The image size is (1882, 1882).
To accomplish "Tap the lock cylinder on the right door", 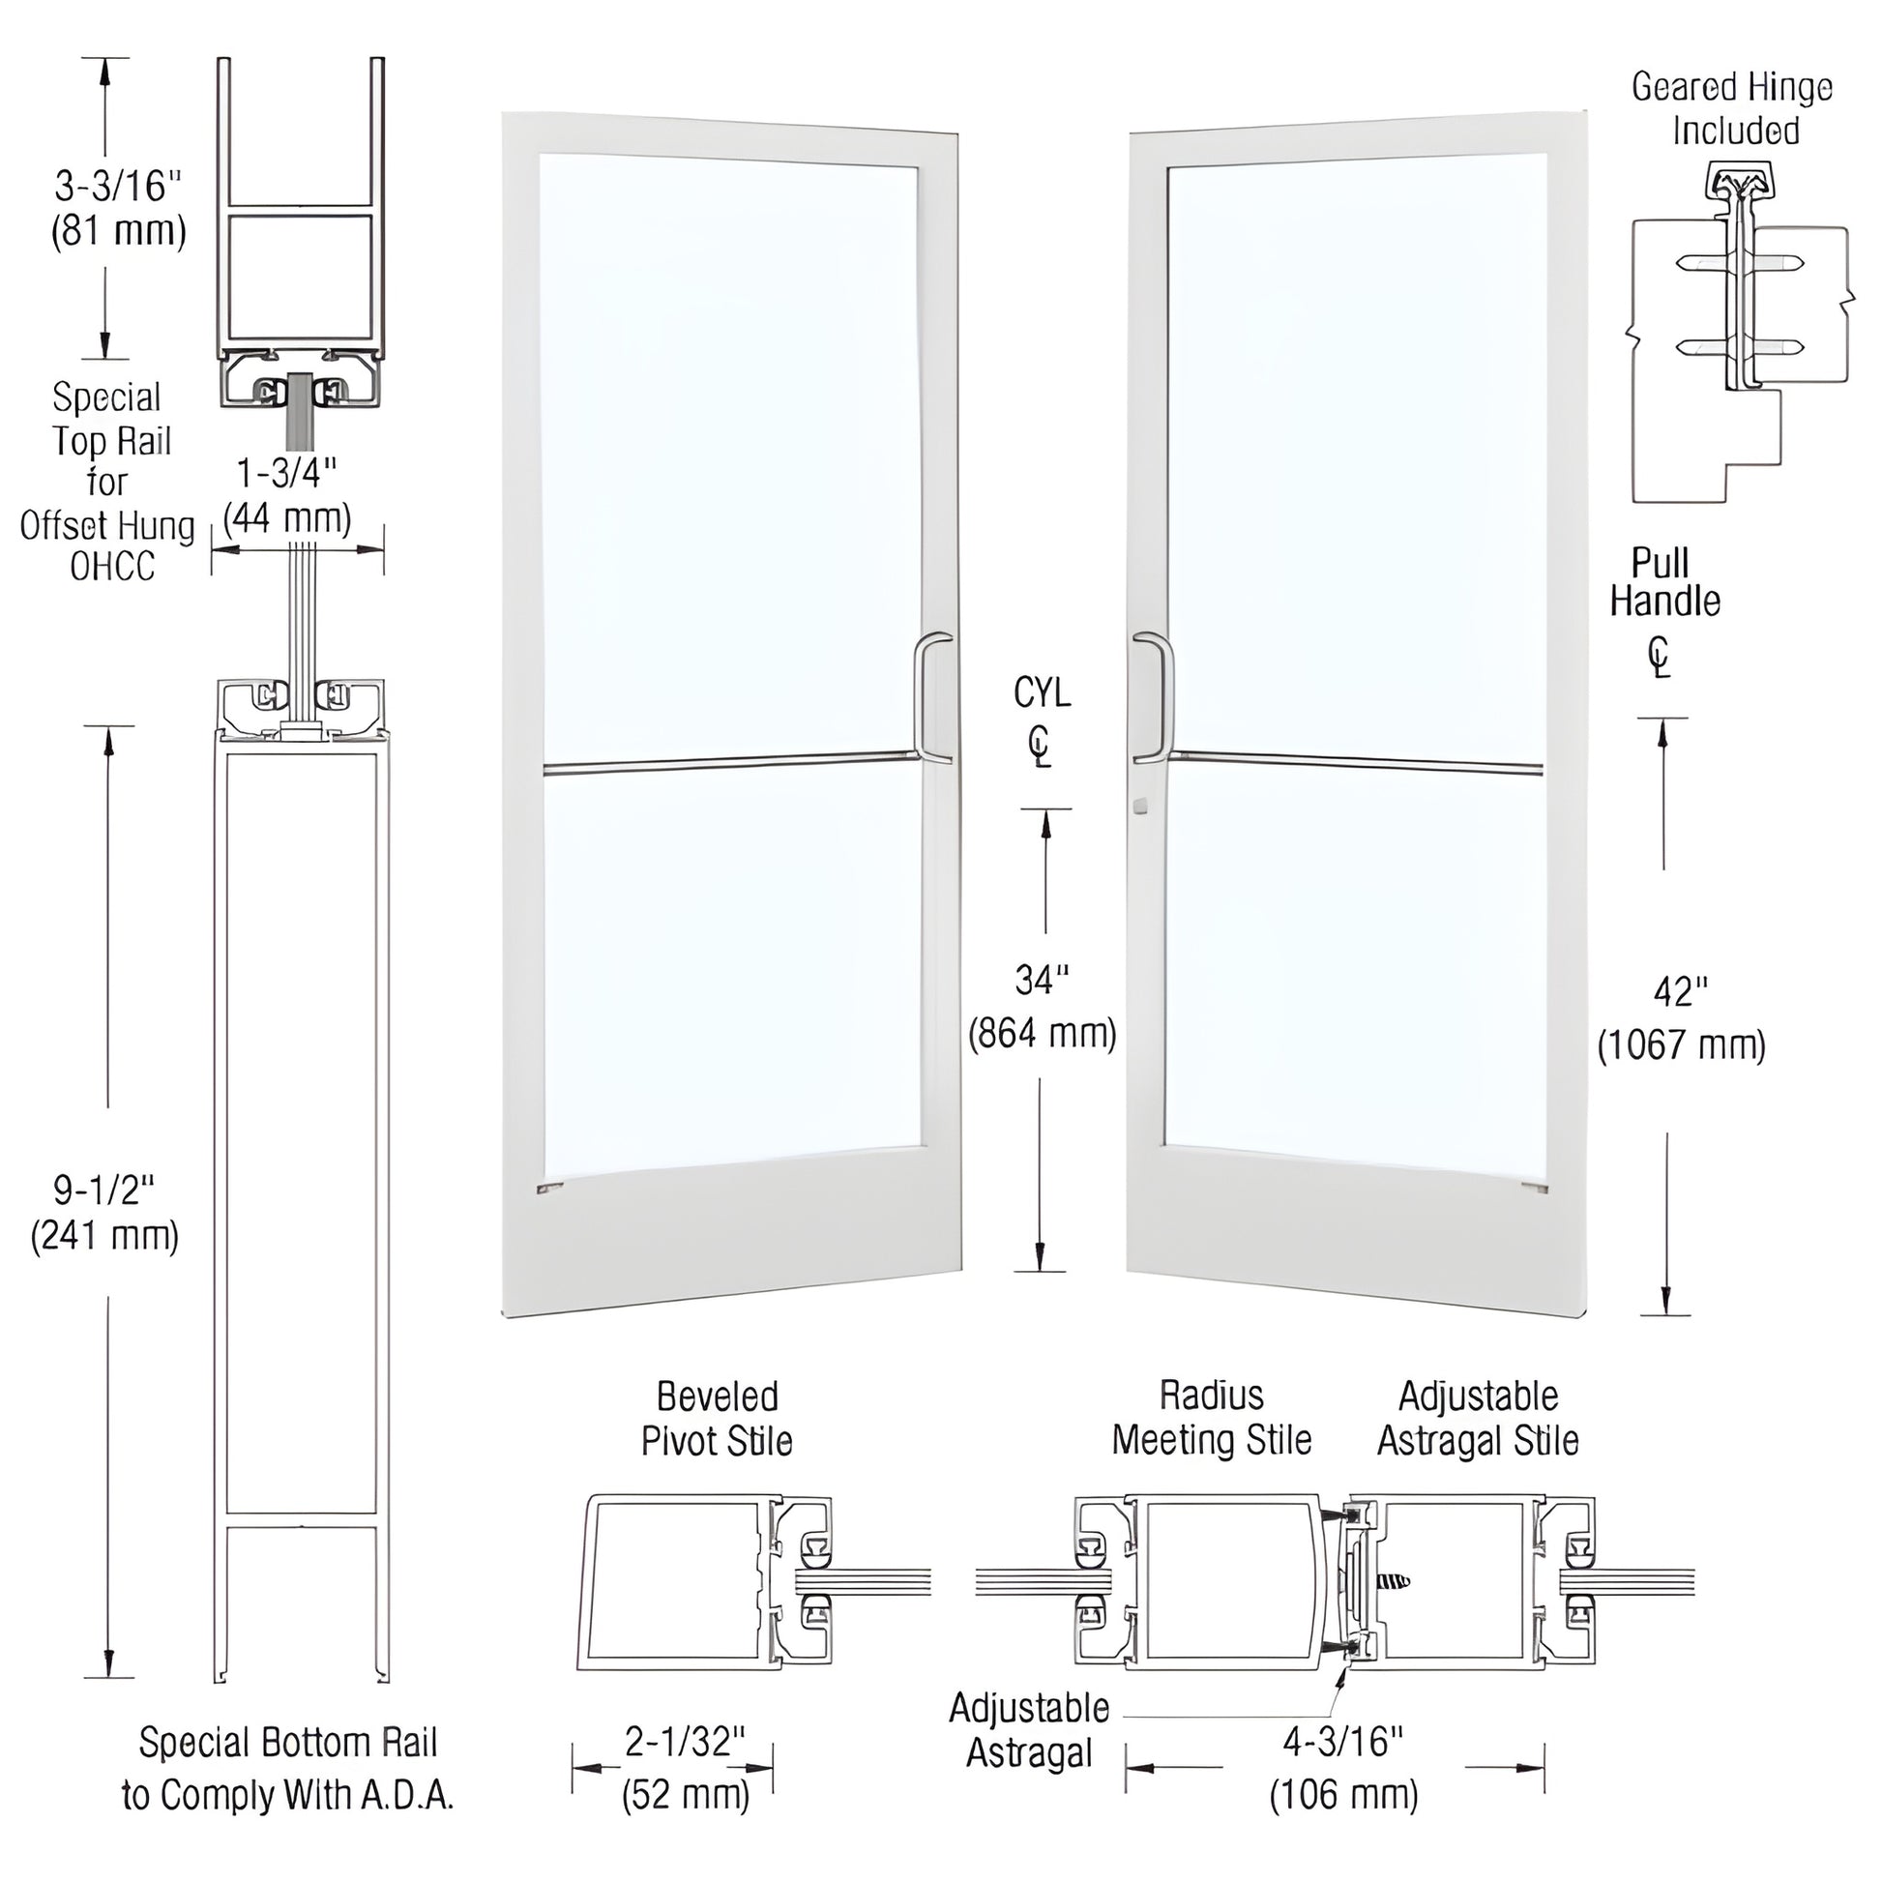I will [1140, 807].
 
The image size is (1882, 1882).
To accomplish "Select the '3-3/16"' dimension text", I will [118, 185].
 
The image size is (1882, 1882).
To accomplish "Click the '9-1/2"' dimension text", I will [104, 1190].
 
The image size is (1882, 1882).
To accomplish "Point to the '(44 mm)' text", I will [286, 517].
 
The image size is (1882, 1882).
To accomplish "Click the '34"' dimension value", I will [1042, 980].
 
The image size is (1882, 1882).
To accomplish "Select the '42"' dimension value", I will [1681, 992].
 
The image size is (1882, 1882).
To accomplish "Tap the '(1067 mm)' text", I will [1681, 1045].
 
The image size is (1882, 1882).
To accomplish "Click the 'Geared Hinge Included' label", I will [1733, 108].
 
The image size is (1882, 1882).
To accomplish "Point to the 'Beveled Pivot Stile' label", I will [717, 1419].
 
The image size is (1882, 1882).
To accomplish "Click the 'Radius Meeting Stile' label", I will [1211, 1418].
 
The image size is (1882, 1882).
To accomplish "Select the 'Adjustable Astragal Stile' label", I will [1478, 1418].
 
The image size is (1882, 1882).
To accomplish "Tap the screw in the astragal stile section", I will [1393, 1582].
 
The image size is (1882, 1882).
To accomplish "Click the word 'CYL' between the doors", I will [1042, 692].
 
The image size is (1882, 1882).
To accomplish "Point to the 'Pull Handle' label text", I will [1663, 581].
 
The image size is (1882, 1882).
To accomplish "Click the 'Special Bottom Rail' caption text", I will [288, 1742].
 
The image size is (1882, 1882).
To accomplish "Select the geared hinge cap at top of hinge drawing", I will [1738, 184].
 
